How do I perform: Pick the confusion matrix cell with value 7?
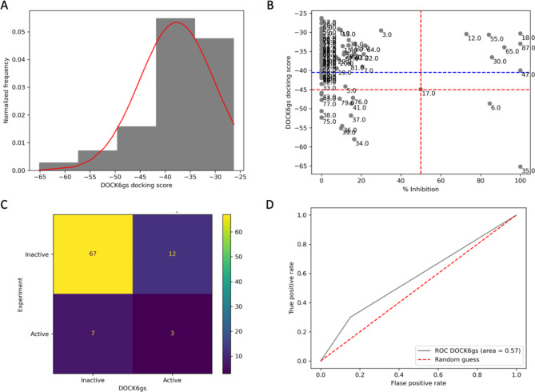[x=93, y=330]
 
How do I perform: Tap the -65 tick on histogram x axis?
[x=40, y=177]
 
